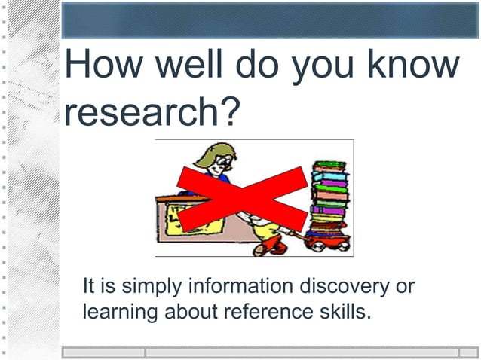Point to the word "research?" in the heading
tap(152, 111)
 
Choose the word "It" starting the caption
tap(88, 287)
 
